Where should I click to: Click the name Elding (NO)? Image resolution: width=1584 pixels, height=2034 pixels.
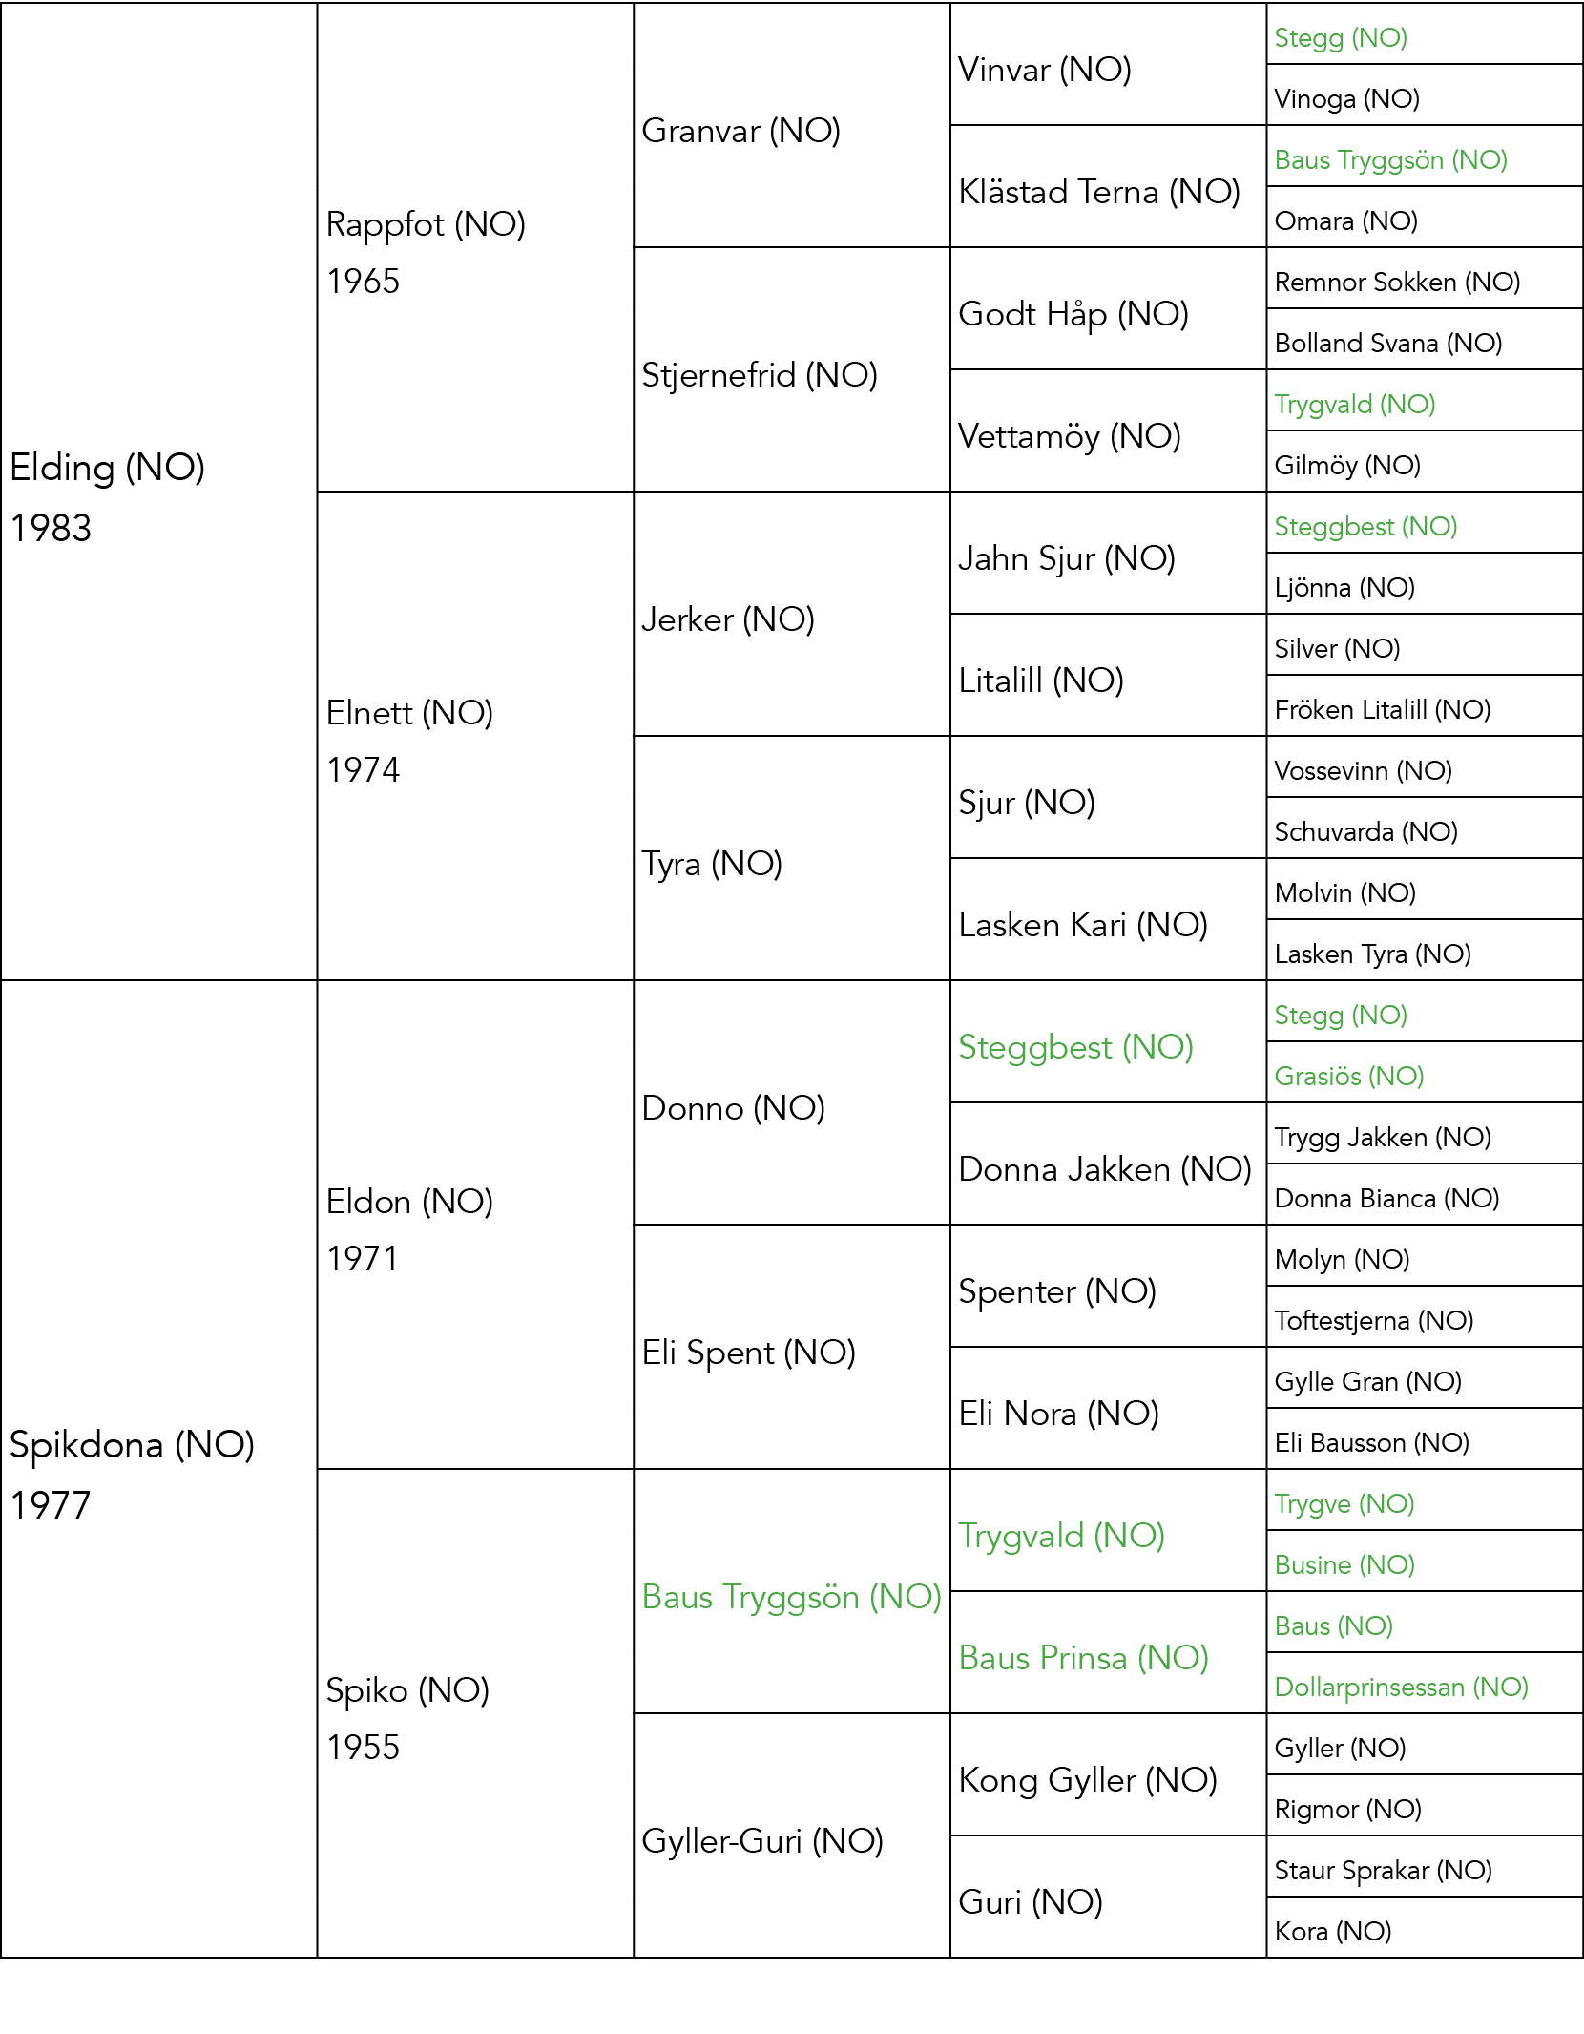[x=108, y=469]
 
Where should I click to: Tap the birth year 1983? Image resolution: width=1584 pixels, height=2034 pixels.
[x=51, y=528]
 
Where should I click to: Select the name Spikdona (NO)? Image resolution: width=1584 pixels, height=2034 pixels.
[x=133, y=1446]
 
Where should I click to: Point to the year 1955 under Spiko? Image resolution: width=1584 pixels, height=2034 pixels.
[x=363, y=1748]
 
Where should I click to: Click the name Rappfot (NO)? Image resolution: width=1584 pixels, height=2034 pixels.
[x=426, y=225]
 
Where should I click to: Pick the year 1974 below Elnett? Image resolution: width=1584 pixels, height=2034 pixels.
[x=363, y=770]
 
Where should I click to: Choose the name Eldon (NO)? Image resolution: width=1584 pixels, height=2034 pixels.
[x=409, y=1202]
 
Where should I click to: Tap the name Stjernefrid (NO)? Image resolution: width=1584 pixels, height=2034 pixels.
[x=760, y=376]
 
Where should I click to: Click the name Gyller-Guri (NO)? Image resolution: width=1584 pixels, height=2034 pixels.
[x=762, y=1842]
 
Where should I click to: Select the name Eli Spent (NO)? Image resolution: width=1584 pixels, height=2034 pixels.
[x=749, y=1353]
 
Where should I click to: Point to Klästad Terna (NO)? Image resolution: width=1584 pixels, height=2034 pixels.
[x=1099, y=193]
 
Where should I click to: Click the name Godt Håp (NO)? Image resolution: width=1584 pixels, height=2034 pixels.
[x=1073, y=315]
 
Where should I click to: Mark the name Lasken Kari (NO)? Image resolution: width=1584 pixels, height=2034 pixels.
[x=1083, y=926]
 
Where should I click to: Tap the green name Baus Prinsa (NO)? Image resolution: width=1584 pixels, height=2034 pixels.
[x=1084, y=1659]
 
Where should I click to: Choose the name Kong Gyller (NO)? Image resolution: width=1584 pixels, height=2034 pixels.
[x=1088, y=1781]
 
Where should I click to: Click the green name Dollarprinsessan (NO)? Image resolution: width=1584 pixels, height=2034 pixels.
[x=1402, y=1688]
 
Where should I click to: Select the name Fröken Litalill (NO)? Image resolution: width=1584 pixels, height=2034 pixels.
[x=1383, y=710]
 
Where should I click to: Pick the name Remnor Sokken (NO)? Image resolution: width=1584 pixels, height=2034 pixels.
[x=1398, y=283]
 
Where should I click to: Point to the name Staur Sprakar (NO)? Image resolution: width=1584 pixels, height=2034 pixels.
[x=1384, y=1871]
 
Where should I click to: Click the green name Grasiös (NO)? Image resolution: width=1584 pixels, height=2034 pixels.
[x=1349, y=1077]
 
